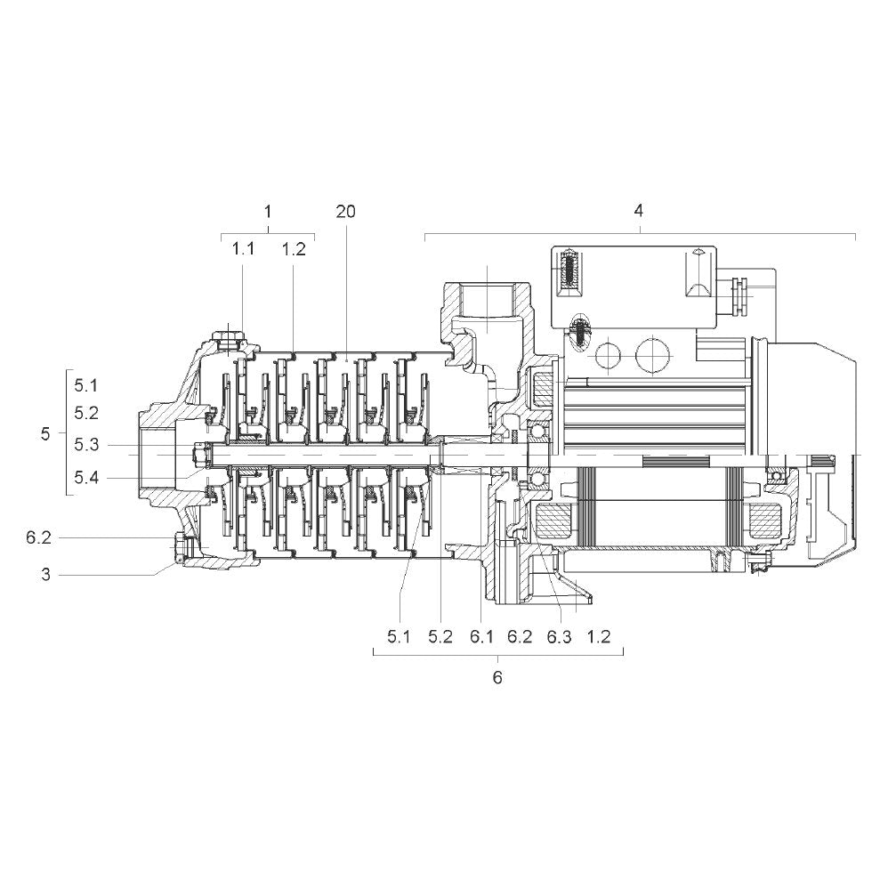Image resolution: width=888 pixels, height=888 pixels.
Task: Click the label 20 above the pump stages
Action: pyautogui.click(x=345, y=212)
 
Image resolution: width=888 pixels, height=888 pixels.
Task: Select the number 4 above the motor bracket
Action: pyautogui.click(x=639, y=211)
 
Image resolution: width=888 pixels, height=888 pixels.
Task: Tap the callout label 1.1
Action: pyautogui.click(x=243, y=248)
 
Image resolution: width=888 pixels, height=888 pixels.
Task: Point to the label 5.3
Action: pyautogui.click(x=86, y=445)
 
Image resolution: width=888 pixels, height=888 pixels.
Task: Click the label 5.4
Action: pyautogui.click(x=86, y=478)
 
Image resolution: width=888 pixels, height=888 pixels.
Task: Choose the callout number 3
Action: pyautogui.click(x=46, y=575)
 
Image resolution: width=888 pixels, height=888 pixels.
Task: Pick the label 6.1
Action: pyautogui.click(x=481, y=637)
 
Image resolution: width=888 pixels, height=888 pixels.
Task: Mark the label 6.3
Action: pyautogui.click(x=559, y=637)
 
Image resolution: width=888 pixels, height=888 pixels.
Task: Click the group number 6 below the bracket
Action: pyautogui.click(x=497, y=678)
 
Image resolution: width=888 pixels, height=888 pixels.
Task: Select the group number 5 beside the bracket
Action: pyautogui.click(x=45, y=434)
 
